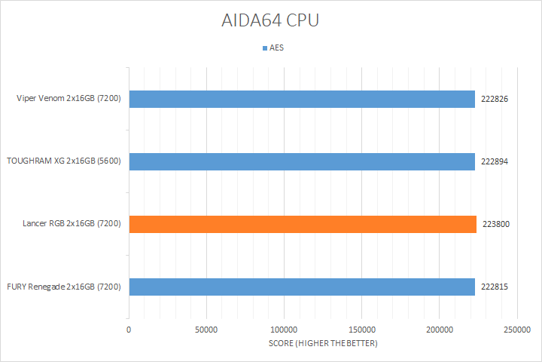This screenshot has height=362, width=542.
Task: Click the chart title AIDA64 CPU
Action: (x=271, y=20)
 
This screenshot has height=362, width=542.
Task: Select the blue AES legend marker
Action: (x=264, y=48)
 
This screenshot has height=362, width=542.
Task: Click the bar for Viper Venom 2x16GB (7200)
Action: (x=302, y=99)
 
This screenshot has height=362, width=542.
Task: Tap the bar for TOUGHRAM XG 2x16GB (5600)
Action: (x=302, y=161)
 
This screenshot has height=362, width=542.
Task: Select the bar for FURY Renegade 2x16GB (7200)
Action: (x=302, y=287)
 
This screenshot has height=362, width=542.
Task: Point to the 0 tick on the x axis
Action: (x=129, y=330)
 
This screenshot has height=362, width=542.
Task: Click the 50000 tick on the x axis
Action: (x=206, y=330)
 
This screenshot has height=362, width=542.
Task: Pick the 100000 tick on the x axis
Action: (x=284, y=330)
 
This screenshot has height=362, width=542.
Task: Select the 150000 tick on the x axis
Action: (x=361, y=330)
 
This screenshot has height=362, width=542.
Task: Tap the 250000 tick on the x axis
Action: (x=516, y=330)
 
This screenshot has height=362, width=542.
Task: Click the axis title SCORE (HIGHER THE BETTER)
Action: (x=323, y=344)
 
